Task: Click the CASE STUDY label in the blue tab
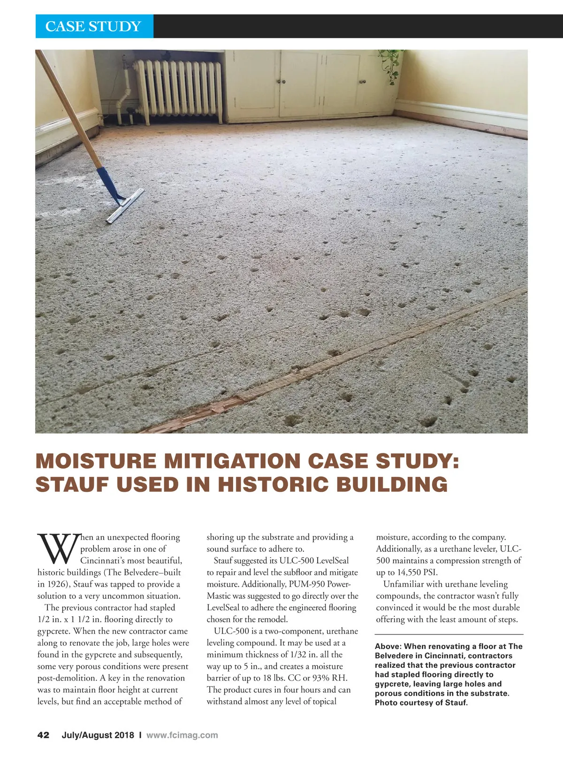[93, 26]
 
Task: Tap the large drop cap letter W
[57, 548]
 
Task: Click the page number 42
[43, 735]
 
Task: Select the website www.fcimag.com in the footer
[182, 735]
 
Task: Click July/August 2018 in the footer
[98, 735]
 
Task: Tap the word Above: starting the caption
[388, 646]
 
